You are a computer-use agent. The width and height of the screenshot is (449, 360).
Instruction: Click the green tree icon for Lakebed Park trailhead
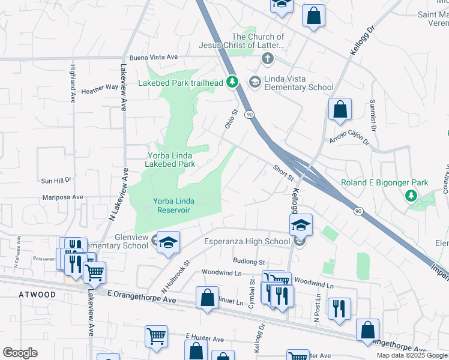(234, 82)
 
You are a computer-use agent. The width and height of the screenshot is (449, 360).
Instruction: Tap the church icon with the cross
(267, 59)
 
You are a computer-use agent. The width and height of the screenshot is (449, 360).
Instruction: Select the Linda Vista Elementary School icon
(255, 82)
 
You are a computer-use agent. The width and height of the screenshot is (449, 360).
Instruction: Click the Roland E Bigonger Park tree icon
(411, 196)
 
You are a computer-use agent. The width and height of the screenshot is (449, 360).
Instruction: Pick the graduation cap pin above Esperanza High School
(301, 225)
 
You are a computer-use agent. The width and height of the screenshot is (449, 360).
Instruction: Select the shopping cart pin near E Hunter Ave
(156, 337)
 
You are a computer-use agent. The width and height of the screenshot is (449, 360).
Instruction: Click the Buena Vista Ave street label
(154, 57)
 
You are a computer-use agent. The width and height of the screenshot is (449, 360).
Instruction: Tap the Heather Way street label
(100, 87)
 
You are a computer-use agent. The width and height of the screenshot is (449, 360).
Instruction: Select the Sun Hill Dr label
(56, 179)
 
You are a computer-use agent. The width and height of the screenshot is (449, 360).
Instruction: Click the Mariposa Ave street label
(62, 197)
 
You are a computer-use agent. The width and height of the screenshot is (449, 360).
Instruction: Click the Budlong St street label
(249, 262)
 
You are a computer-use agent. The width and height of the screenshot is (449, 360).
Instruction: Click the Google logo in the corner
(20, 353)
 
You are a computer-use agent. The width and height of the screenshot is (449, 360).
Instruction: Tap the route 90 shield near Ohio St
(250, 114)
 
